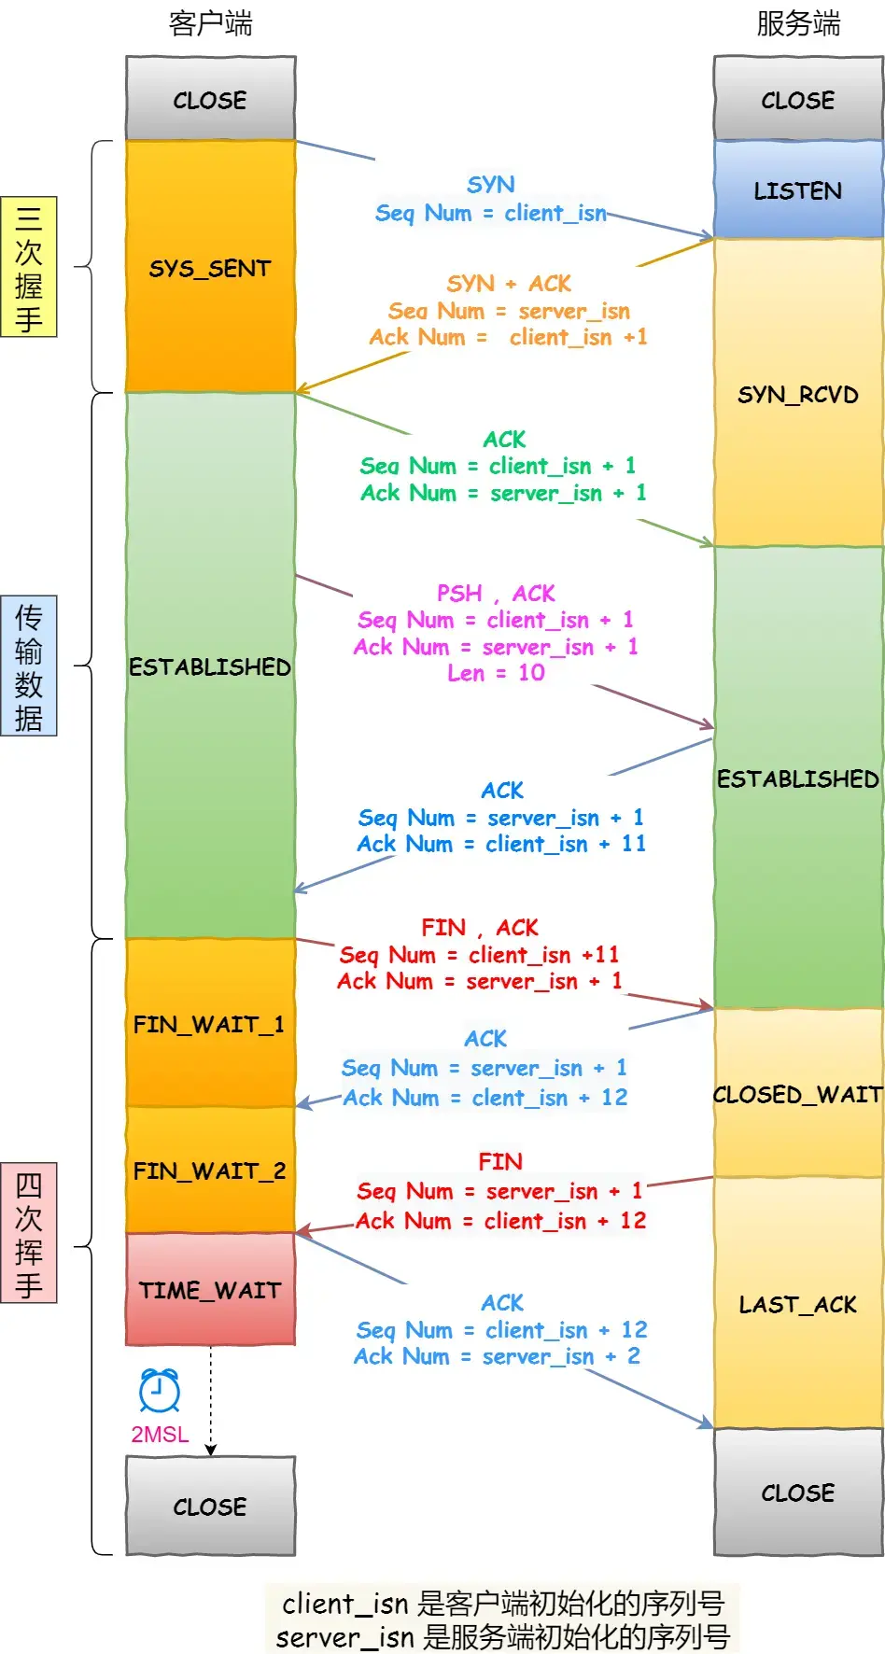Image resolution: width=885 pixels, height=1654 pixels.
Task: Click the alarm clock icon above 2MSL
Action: pyautogui.click(x=160, y=1391)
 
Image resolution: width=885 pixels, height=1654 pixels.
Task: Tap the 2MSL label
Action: pyautogui.click(x=160, y=1435)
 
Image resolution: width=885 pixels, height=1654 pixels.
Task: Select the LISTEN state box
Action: pyautogui.click(x=798, y=190)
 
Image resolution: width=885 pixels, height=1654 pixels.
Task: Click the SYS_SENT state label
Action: pyautogui.click(x=210, y=269)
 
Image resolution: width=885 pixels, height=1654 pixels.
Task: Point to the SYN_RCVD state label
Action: pyautogui.click(x=798, y=395)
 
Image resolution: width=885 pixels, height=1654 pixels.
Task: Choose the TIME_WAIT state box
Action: pyautogui.click(x=210, y=1290)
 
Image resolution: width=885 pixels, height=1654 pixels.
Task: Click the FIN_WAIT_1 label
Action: pyautogui.click(x=209, y=1025)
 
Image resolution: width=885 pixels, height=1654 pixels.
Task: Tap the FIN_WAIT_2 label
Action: pyautogui.click(x=210, y=1170)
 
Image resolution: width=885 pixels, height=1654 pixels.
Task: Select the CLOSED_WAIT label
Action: pyautogui.click(x=798, y=1094)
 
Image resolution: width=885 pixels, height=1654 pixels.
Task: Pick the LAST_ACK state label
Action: pyautogui.click(x=798, y=1305)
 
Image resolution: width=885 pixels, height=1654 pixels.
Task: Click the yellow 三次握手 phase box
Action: pyautogui.click(x=29, y=267)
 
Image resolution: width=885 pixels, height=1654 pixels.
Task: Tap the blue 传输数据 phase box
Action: pyautogui.click(x=29, y=666)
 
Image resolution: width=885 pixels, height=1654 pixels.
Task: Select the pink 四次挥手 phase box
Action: pyautogui.click(x=29, y=1232)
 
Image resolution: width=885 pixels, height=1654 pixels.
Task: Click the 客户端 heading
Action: pyautogui.click(x=210, y=23)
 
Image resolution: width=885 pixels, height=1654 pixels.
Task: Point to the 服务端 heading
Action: pyautogui.click(x=798, y=23)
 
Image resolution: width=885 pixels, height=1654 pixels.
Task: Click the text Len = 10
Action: pyautogui.click(x=496, y=673)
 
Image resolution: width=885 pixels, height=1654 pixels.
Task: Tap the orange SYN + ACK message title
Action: pyautogui.click(x=509, y=284)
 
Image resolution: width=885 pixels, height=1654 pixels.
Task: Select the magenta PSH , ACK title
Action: pyautogui.click(x=496, y=594)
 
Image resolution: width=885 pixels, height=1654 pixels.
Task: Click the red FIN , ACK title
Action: pyautogui.click(x=480, y=928)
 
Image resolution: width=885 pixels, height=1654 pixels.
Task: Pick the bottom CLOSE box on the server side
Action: pyautogui.click(x=798, y=1493)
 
